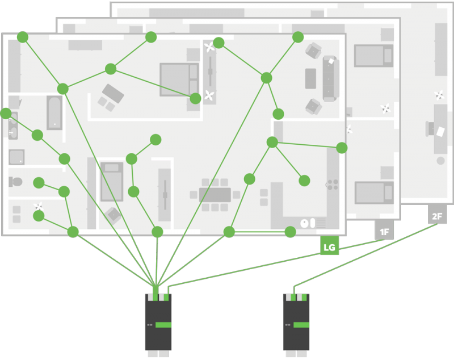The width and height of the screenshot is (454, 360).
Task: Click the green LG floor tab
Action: (x=329, y=245)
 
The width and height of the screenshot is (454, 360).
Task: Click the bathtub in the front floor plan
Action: (x=54, y=112)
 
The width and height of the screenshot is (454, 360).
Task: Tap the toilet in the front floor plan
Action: (x=15, y=182)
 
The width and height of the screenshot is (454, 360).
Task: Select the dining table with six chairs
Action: (x=215, y=195)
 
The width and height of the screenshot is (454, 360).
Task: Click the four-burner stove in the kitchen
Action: (x=332, y=184)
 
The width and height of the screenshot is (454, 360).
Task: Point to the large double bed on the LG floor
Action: (x=178, y=79)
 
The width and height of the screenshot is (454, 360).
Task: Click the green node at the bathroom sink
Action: (x=6, y=114)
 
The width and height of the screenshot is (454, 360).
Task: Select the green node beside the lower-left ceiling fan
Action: (x=39, y=216)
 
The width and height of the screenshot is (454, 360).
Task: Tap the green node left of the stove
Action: (x=304, y=181)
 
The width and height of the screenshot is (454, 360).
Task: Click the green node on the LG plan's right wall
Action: (x=342, y=148)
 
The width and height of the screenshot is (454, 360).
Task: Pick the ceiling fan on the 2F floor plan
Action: (x=439, y=95)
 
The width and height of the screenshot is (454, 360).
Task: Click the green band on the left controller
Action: (x=163, y=324)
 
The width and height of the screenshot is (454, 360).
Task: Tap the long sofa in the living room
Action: (x=330, y=78)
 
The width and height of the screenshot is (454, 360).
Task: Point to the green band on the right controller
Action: (x=301, y=324)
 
